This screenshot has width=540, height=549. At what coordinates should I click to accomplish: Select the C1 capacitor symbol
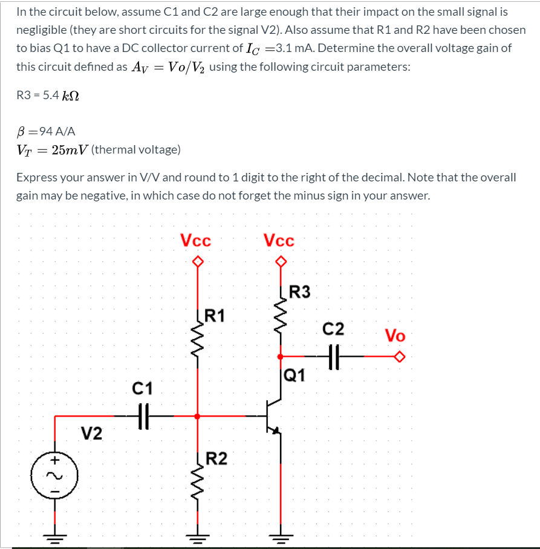(x=143, y=416)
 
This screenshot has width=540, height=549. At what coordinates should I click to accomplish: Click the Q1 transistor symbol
(x=274, y=416)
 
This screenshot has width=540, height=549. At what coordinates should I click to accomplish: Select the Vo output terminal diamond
(x=398, y=357)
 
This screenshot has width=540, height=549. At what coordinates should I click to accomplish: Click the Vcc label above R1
(x=196, y=241)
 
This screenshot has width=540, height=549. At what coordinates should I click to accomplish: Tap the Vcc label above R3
(x=279, y=241)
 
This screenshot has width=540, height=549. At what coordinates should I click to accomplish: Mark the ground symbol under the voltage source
(x=55, y=537)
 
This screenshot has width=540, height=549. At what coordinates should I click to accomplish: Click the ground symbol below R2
(x=197, y=537)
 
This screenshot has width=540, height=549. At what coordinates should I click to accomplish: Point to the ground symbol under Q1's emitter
(x=280, y=537)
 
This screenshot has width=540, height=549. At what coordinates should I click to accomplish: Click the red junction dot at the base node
(x=197, y=416)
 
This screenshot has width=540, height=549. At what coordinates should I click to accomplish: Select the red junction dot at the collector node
(x=280, y=357)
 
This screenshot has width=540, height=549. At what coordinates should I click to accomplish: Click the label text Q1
(x=294, y=376)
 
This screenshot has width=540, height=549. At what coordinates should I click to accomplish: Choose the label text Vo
(x=395, y=336)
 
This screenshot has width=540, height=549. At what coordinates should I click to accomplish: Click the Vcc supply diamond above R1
(x=197, y=262)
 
